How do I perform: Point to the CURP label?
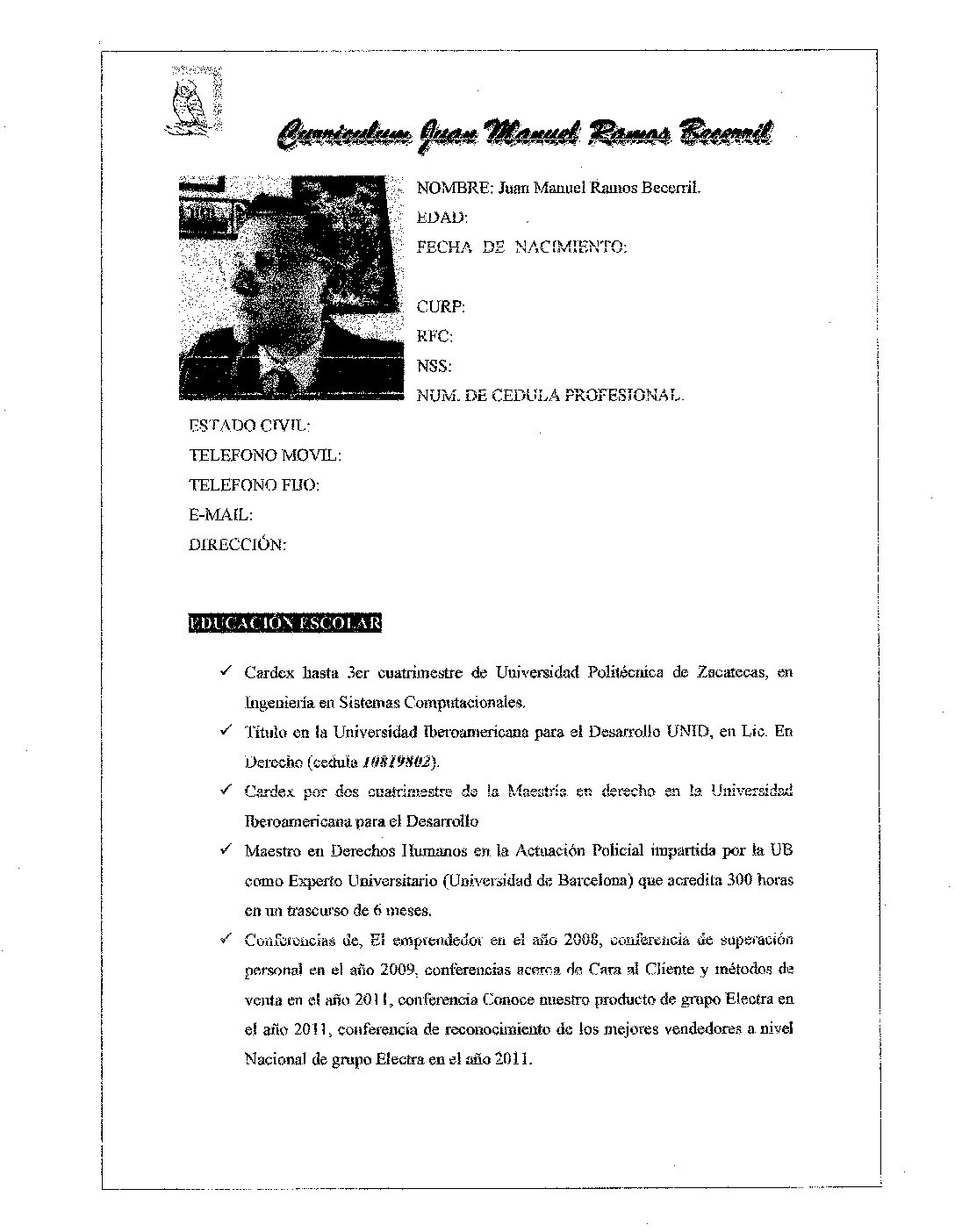click(x=441, y=307)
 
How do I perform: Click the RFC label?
click(x=434, y=336)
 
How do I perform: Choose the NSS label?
click(x=434, y=366)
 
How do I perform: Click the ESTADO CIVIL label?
click(x=249, y=426)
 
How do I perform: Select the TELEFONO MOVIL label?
click(x=265, y=455)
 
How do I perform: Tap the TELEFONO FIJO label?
click(x=254, y=485)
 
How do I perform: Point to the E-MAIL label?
click(x=220, y=515)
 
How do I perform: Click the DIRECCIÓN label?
click(x=237, y=545)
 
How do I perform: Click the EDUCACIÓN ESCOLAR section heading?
click(x=284, y=624)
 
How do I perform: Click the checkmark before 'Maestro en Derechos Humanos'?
click(x=226, y=849)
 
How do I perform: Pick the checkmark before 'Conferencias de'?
click(x=226, y=940)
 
